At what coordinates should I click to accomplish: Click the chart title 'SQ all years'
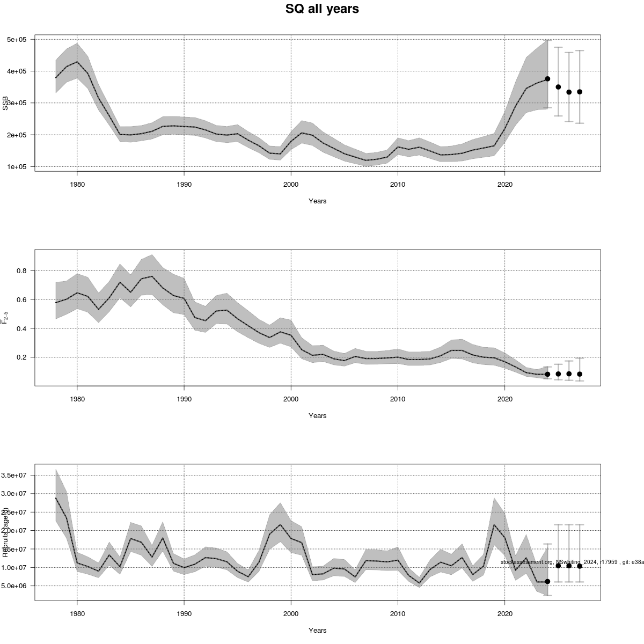click(322, 9)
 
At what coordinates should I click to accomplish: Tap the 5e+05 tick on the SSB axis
click(19, 40)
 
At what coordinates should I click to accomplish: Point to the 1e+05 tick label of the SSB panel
click(19, 167)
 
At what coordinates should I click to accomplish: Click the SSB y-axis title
click(5, 103)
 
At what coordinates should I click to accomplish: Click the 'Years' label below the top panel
click(317, 201)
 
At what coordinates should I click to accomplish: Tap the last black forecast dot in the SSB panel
click(580, 92)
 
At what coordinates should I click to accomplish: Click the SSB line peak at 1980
click(77, 62)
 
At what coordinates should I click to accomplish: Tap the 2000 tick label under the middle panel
click(291, 399)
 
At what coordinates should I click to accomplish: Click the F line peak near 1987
click(152, 276)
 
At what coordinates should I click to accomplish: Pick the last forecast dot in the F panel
click(580, 374)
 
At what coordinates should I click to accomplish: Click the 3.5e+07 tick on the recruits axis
click(17, 475)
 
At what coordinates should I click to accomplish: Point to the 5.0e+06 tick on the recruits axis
click(17, 586)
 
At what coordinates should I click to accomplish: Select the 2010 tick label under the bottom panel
click(398, 614)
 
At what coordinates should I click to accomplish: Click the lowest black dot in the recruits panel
click(547, 581)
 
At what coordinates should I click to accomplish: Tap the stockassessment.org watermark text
click(572, 562)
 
